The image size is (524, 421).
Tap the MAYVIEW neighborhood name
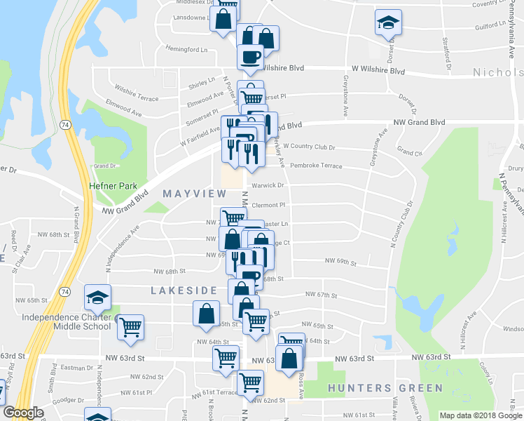pyautogui.click(x=194, y=193)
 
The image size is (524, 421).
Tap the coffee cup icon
pyautogui.click(x=251, y=57)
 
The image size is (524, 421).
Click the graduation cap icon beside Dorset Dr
pyautogui.click(x=386, y=23)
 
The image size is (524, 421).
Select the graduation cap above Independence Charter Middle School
pyautogui.click(x=97, y=298)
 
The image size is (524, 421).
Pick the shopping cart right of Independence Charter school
pyautogui.click(x=131, y=327)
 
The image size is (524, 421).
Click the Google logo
pyautogui.click(x=23, y=413)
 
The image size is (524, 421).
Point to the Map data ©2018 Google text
pyautogui.click(x=480, y=415)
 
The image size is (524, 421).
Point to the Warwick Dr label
pyautogui.click(x=270, y=186)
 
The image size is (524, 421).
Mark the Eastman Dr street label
pyautogui.click(x=72, y=367)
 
